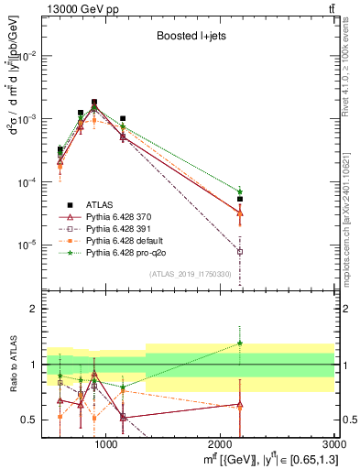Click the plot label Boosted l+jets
189,37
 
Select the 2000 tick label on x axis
221,443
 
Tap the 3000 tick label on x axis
334,443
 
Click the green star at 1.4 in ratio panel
240,343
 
